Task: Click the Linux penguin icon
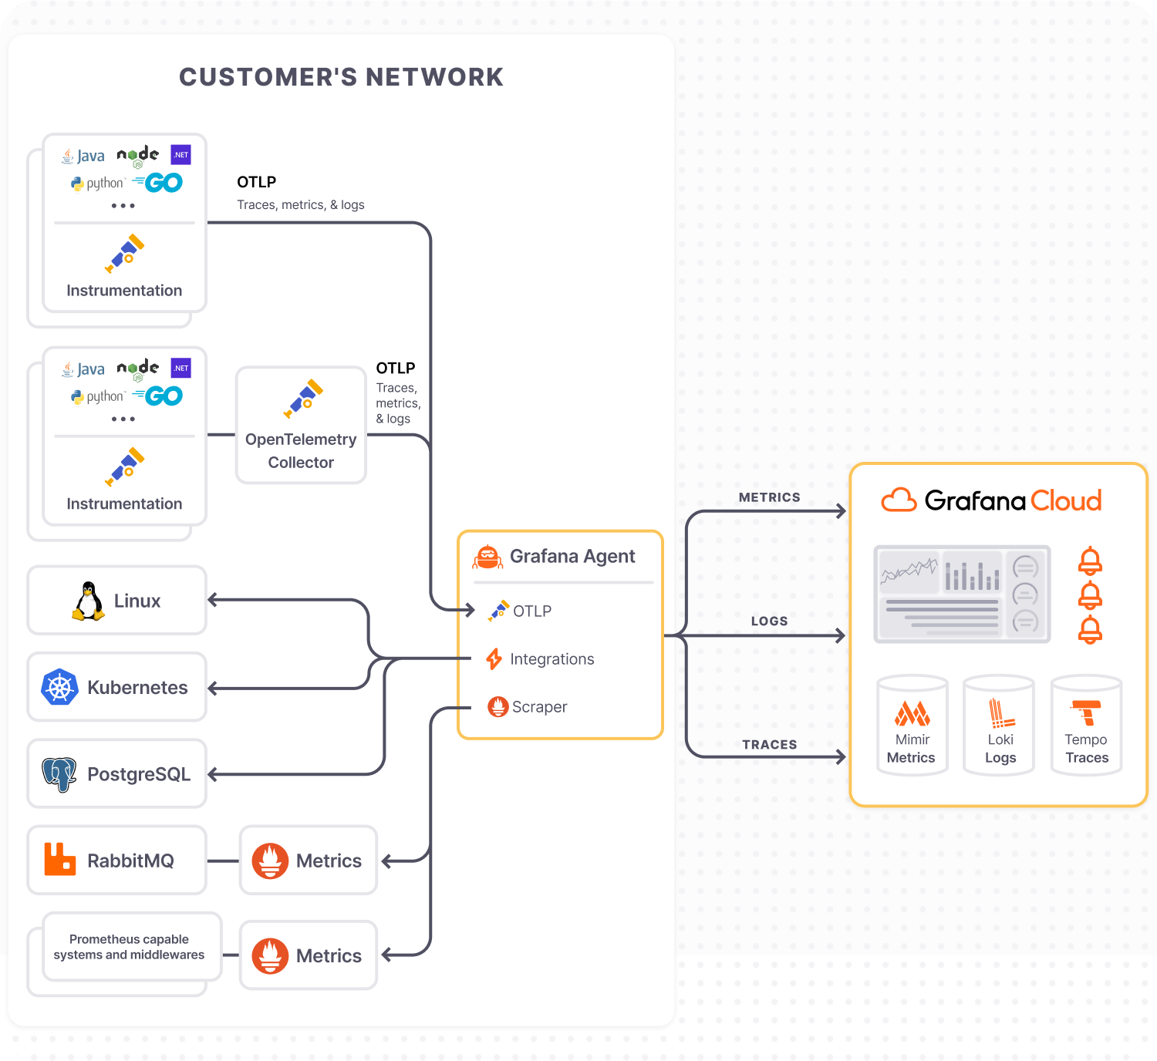(89, 601)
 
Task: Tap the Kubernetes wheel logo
(59, 687)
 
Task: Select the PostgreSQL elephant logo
(59, 773)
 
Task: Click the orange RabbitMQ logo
(59, 860)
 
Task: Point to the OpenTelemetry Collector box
(301, 426)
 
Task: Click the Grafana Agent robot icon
(487, 557)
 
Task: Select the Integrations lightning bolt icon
(494, 659)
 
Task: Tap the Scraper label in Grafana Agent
(539, 707)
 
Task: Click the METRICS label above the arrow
(769, 498)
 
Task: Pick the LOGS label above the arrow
(769, 621)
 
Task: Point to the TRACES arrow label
(769, 745)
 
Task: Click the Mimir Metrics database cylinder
(912, 725)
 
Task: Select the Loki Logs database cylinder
(1000, 725)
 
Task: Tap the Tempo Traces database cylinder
(1086, 725)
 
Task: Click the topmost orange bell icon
(1090, 561)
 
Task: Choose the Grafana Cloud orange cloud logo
(899, 500)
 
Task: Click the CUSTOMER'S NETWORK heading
(341, 77)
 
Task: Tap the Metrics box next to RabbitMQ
(309, 861)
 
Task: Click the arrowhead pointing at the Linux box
(213, 600)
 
